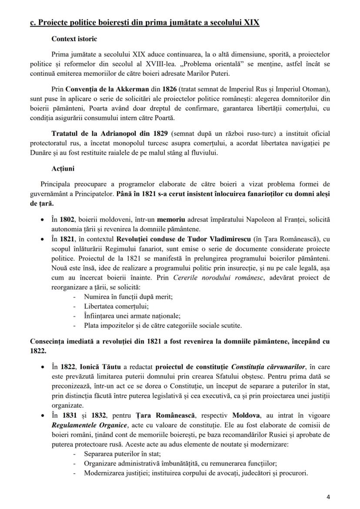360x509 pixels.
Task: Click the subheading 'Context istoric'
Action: [74, 39]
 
